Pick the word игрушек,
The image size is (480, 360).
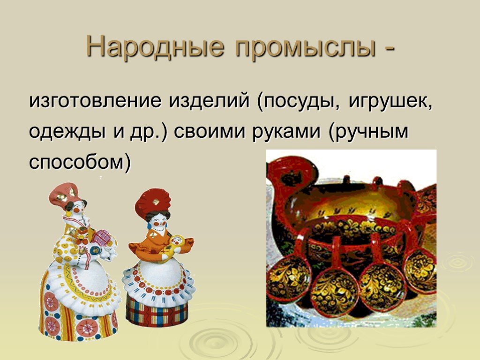click(390, 102)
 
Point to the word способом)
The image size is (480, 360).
click(80, 161)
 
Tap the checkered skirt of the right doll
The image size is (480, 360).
click(157, 311)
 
